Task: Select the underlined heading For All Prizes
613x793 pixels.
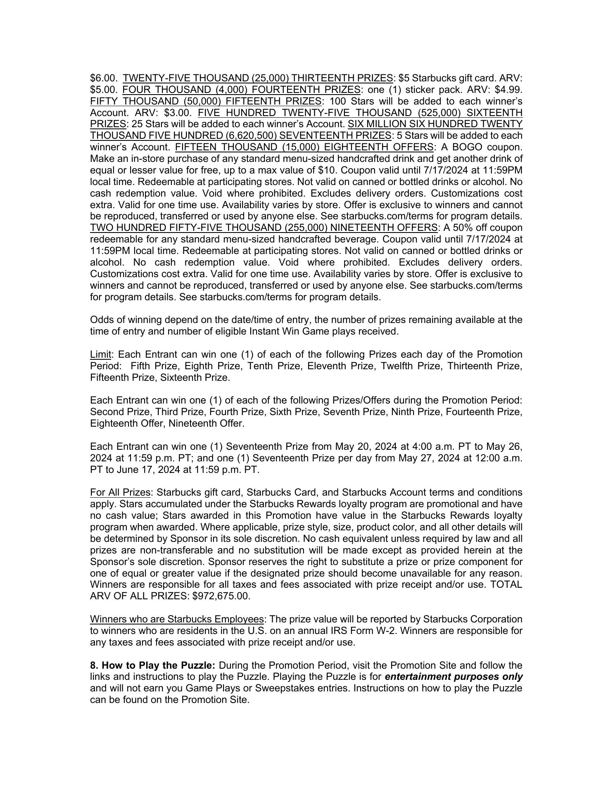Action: point(120,493)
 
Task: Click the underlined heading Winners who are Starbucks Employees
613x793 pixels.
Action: point(177,620)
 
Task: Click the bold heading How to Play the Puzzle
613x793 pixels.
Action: point(153,666)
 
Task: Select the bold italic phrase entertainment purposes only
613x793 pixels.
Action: point(454,677)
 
